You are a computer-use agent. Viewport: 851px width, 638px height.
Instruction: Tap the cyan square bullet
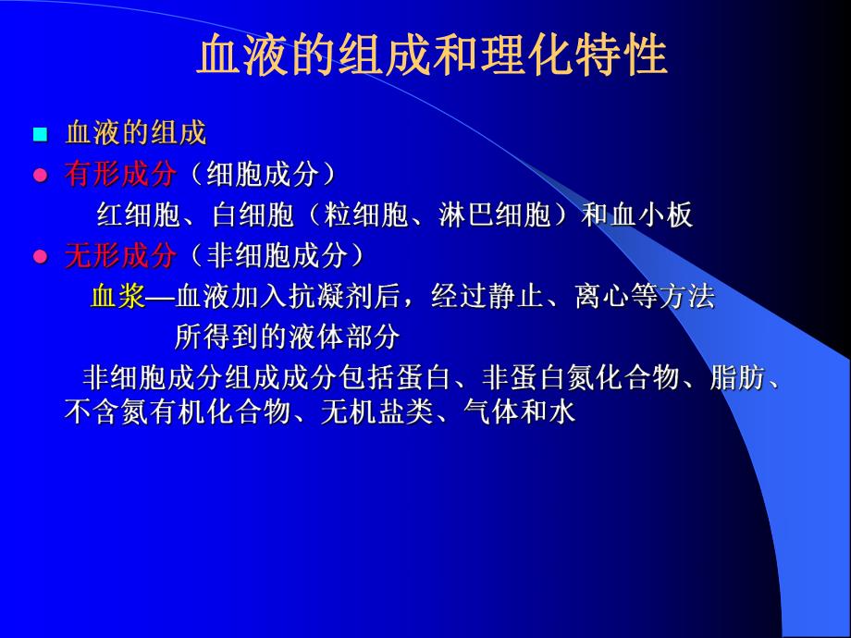point(40,134)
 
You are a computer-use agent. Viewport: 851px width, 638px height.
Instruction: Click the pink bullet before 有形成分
point(40,176)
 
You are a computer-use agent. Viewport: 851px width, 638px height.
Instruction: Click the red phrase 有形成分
point(119,174)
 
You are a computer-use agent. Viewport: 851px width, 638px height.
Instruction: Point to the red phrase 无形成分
point(119,255)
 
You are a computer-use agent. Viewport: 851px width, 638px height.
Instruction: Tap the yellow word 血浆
point(118,296)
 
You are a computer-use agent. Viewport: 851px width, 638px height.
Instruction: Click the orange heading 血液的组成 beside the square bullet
point(135,133)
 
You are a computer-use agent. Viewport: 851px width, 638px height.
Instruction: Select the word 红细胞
point(139,215)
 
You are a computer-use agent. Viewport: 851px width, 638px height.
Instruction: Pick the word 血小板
point(651,215)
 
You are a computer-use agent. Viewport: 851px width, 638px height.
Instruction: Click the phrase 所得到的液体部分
point(287,337)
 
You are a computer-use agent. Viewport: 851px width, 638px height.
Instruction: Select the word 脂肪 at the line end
point(737,378)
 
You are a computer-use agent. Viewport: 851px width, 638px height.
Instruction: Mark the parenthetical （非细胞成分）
point(278,255)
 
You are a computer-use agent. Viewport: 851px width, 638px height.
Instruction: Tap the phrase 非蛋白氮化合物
point(581,378)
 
